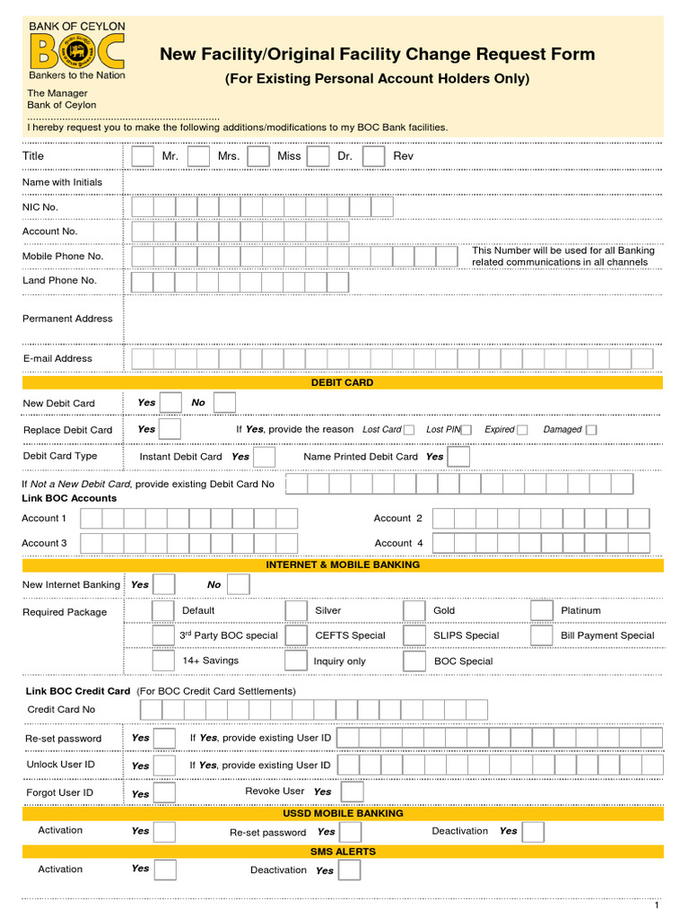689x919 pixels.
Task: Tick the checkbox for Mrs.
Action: (199, 156)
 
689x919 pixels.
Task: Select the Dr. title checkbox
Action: (318, 156)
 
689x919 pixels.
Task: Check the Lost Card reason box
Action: (409, 430)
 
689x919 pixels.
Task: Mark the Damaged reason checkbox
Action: (591, 430)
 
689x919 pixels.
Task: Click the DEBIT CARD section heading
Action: (342, 382)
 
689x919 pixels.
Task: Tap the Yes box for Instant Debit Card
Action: (265, 457)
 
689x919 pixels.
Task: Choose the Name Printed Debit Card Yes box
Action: (458, 457)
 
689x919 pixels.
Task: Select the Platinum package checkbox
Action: (542, 611)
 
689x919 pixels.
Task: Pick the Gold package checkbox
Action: (414, 611)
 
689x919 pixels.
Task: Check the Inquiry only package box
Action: (296, 661)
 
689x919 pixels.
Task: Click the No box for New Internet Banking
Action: (239, 585)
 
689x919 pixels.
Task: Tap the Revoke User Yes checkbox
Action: (353, 792)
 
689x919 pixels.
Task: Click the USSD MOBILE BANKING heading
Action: (343, 813)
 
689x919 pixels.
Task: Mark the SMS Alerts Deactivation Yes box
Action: (349, 871)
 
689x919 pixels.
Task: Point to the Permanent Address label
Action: (67, 319)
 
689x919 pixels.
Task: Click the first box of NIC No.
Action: (142, 207)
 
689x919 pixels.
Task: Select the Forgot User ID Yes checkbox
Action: (165, 793)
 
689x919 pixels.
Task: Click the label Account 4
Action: (398, 543)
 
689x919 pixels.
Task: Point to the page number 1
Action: (657, 905)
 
